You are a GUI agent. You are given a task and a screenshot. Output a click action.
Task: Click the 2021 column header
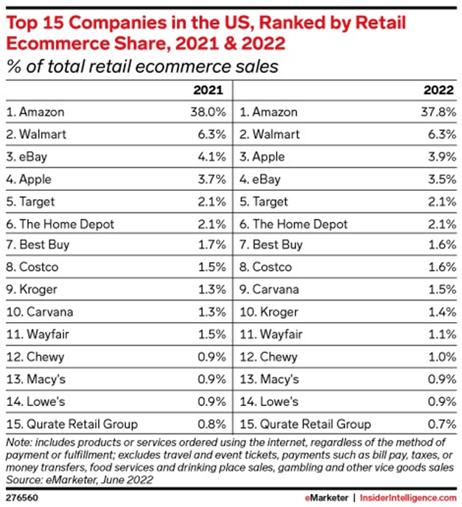209,91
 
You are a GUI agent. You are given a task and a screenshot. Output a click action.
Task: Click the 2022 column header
439,91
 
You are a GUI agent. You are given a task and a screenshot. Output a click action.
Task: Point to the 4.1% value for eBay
211,157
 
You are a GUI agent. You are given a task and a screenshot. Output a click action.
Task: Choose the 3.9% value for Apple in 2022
441,157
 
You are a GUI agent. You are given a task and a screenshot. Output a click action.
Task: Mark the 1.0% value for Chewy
441,357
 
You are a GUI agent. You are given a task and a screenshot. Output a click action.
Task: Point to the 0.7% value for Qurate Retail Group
441,424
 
